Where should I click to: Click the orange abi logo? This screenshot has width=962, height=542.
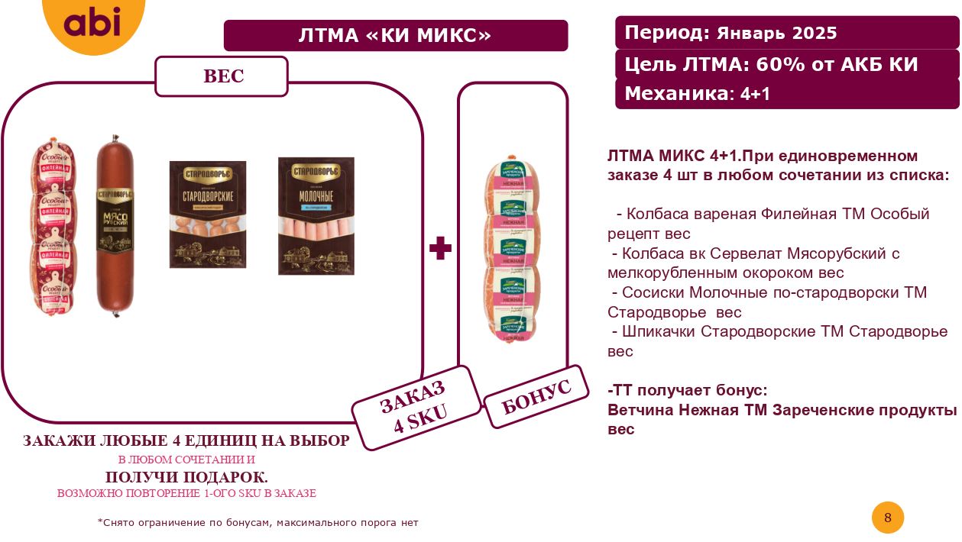[92, 23]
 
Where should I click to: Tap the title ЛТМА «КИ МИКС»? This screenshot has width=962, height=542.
[395, 36]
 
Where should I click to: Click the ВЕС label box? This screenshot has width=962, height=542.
[222, 76]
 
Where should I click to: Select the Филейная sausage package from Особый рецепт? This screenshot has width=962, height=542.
[54, 227]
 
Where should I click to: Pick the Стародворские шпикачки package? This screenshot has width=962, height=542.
[207, 214]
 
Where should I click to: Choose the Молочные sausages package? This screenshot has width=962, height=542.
[316, 215]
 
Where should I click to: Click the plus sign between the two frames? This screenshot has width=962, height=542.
[440, 248]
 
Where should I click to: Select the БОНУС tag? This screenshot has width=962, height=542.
[536, 397]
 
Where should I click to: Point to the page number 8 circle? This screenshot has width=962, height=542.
[887, 518]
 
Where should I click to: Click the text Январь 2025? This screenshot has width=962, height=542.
[776, 34]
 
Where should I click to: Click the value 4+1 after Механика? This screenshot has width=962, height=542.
[755, 94]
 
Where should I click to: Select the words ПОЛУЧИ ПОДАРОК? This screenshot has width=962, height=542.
[186, 477]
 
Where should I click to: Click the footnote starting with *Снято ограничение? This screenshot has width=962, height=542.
[258, 523]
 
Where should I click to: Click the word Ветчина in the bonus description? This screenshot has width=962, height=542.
[640, 410]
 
